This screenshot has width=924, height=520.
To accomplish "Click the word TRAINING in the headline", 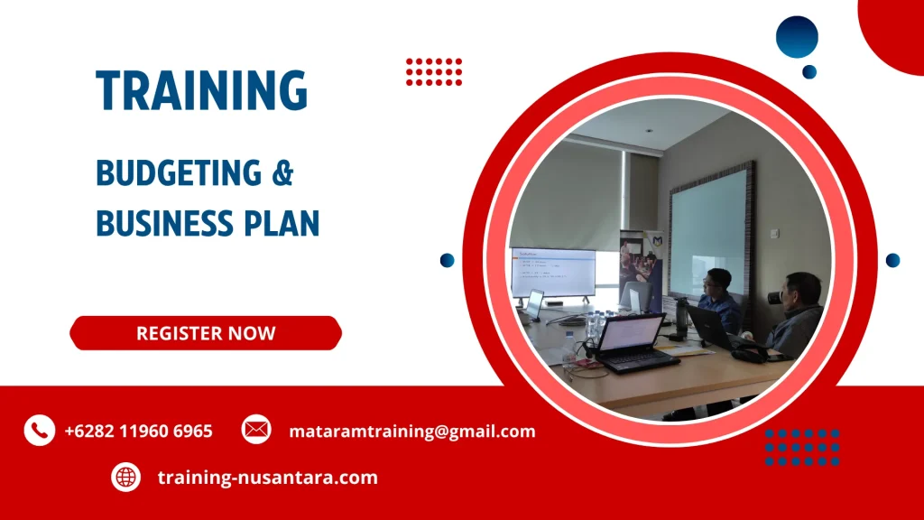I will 202,91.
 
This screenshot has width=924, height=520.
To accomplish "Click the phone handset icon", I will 39,431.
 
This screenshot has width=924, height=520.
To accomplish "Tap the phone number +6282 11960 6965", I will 138,432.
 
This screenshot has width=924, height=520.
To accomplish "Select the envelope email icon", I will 256,430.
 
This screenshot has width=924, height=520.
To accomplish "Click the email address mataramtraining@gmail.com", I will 411,432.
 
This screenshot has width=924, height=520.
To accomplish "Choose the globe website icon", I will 126,477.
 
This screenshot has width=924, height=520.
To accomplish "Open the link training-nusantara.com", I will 267,478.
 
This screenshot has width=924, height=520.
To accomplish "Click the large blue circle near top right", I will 797,37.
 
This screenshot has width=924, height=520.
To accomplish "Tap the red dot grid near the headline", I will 434,71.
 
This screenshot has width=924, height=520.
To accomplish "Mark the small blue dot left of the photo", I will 448,260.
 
